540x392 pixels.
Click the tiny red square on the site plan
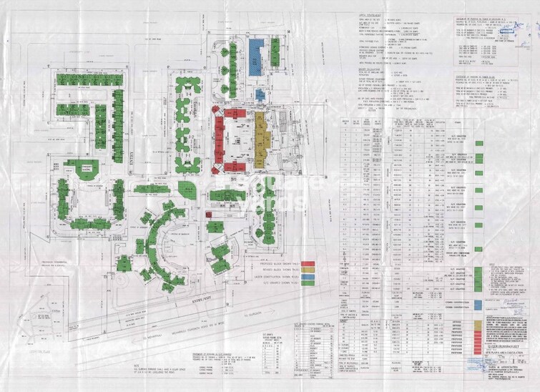(x=209, y=214)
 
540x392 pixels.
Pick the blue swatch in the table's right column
(x=478, y=304)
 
